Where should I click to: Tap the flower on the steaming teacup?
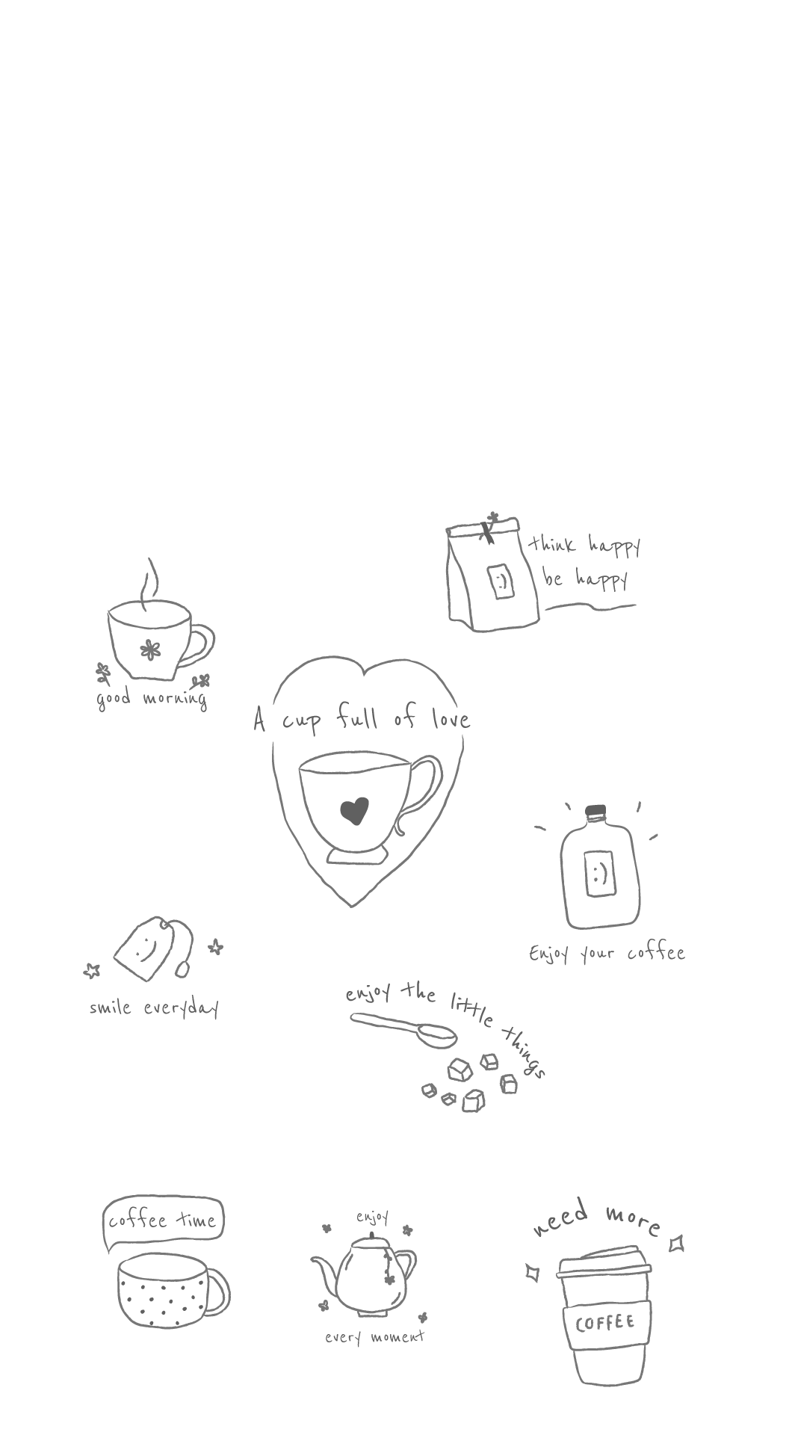(x=151, y=649)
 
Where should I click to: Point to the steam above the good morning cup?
(x=151, y=581)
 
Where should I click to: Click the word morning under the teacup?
(x=175, y=699)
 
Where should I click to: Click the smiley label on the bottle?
(x=600, y=873)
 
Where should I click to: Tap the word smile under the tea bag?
(x=111, y=1007)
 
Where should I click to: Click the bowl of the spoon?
(x=436, y=1035)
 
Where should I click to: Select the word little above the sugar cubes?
(x=471, y=1008)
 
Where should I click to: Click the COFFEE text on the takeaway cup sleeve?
(x=605, y=1324)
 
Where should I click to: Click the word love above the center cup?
(x=451, y=719)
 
